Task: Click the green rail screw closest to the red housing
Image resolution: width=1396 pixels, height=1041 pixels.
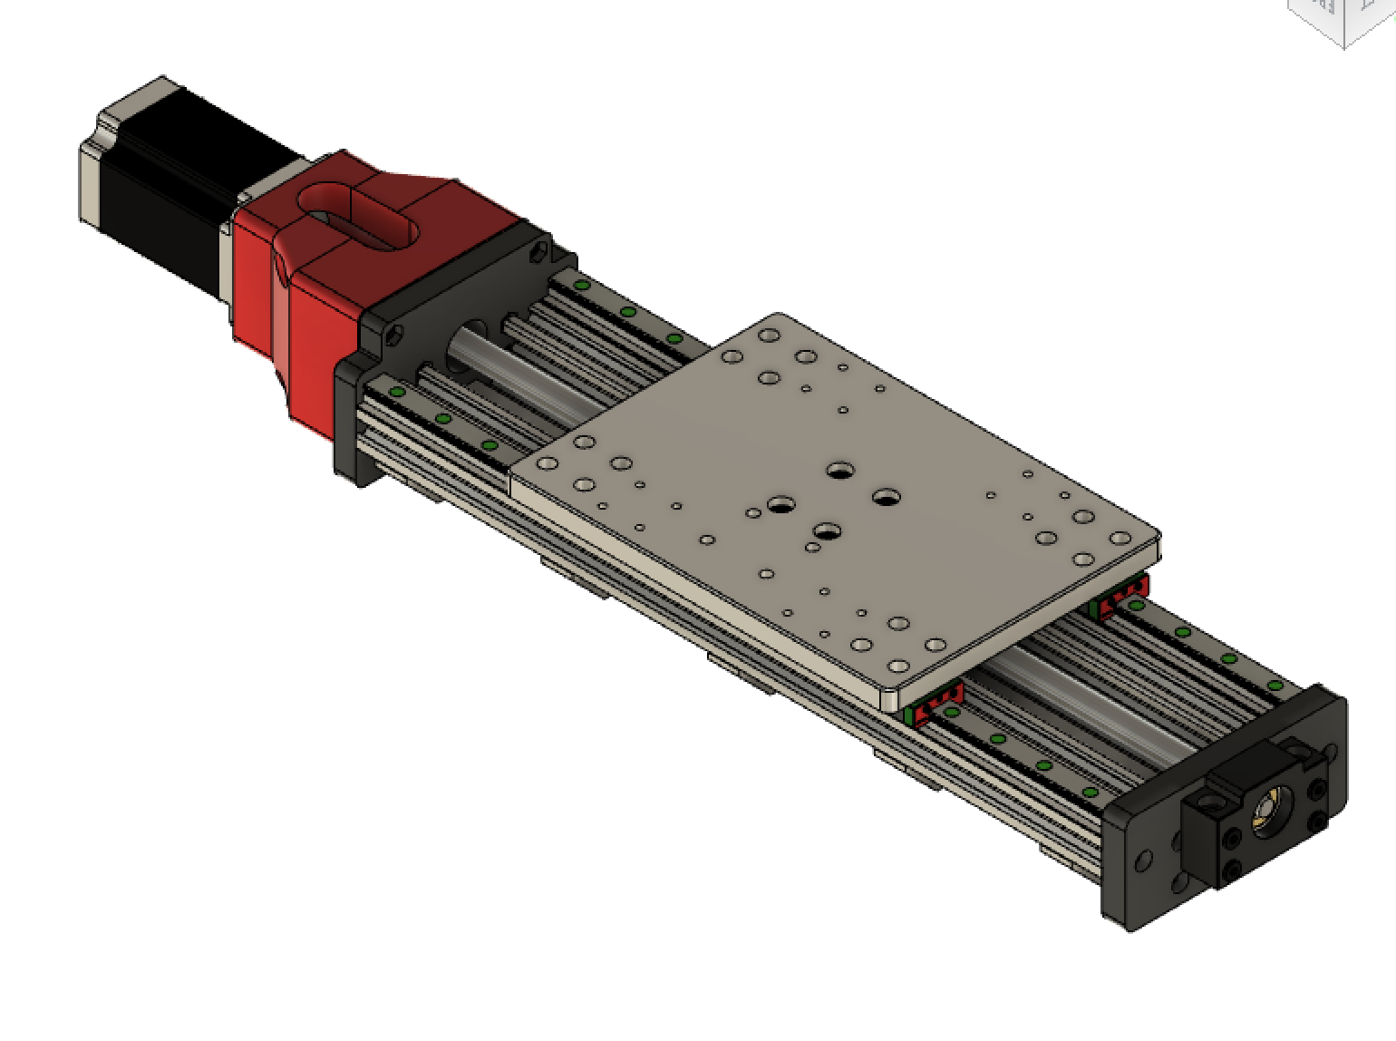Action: click(396, 392)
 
